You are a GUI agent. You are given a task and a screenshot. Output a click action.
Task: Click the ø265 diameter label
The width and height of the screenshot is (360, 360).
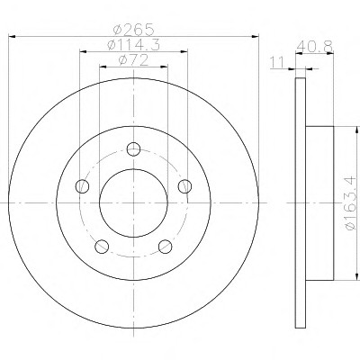click(x=133, y=30)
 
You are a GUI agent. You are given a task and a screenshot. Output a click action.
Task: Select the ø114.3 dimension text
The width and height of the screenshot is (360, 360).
click(x=133, y=45)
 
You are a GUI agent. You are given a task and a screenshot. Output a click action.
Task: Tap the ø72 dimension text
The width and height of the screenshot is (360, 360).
click(x=133, y=60)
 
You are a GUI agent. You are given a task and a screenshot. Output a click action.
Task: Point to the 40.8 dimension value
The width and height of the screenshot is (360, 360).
click(x=314, y=46)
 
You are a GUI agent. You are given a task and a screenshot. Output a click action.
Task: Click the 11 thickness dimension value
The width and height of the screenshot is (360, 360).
click(x=277, y=63)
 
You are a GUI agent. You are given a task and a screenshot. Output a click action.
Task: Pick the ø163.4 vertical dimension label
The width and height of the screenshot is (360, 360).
click(x=351, y=203)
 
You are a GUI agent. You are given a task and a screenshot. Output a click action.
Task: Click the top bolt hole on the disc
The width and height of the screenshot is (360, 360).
click(x=133, y=149)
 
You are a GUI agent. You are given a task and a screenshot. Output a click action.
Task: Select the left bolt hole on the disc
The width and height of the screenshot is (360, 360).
click(x=82, y=186)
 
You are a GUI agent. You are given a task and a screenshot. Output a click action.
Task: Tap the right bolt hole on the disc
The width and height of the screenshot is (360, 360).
click(x=184, y=186)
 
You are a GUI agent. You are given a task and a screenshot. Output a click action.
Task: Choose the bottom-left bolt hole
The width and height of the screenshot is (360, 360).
click(x=102, y=247)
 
